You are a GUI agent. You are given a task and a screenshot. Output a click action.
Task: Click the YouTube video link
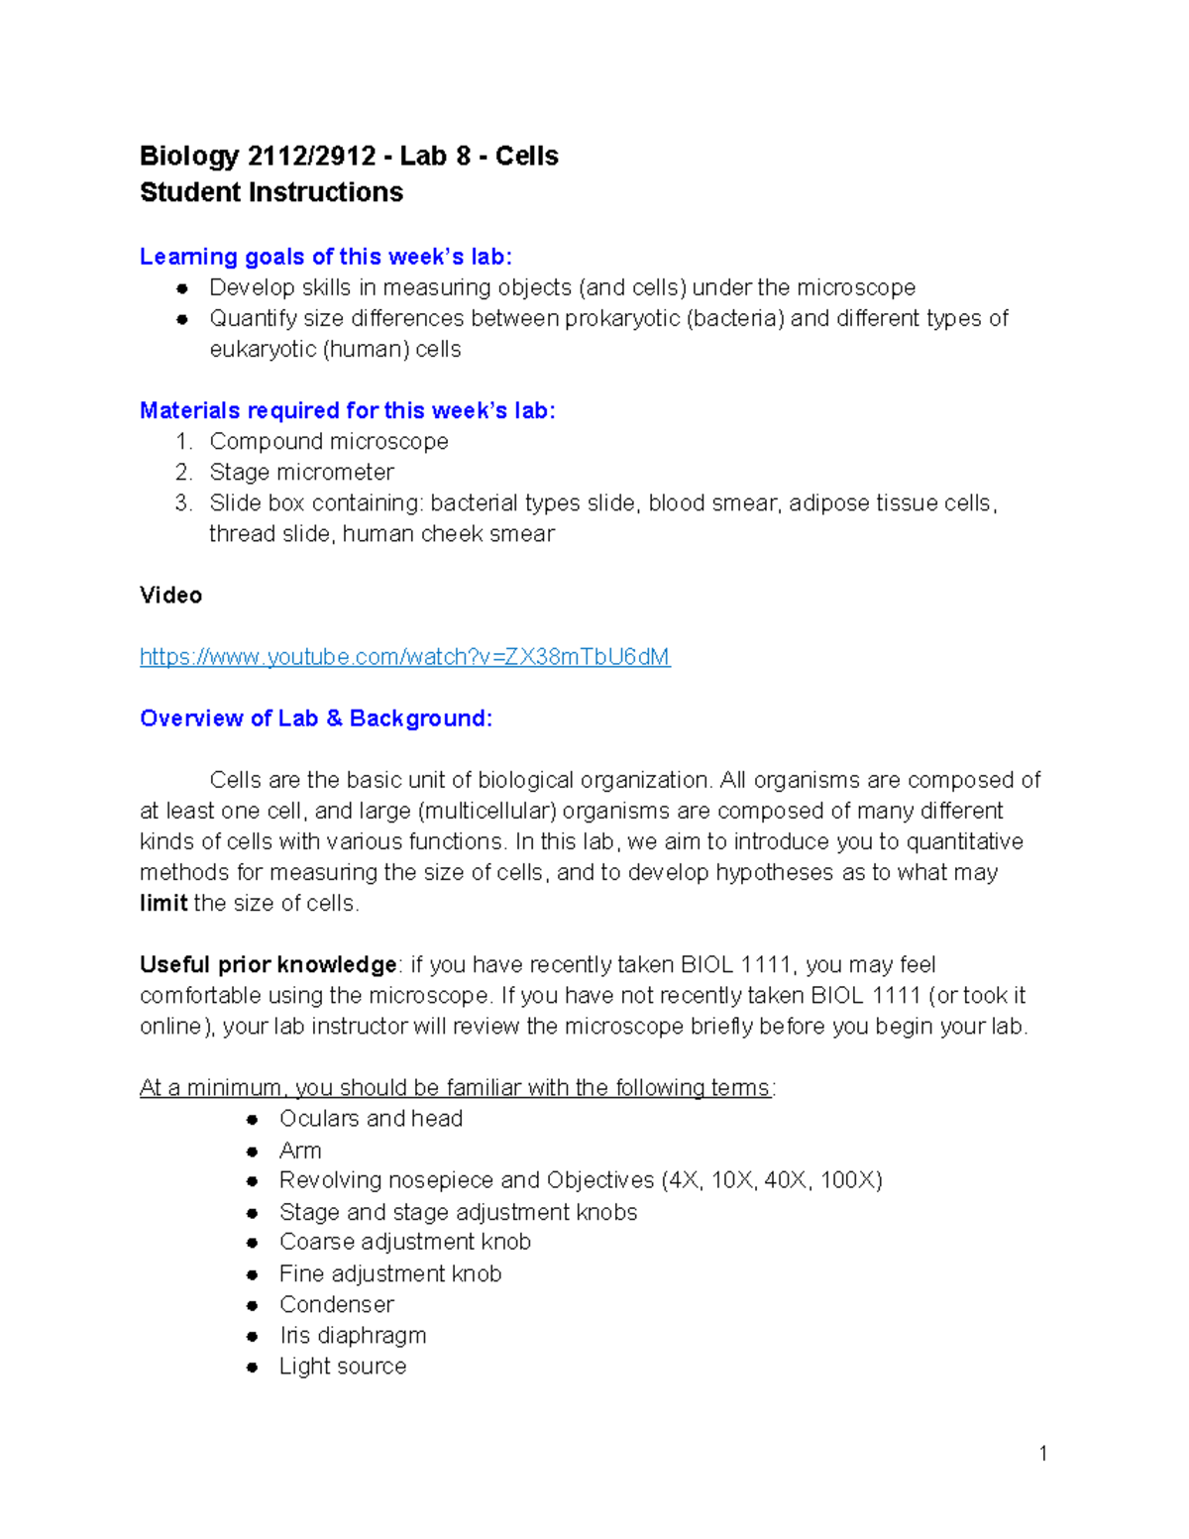[404, 657]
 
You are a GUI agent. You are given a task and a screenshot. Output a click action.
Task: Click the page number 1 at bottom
[1043, 1454]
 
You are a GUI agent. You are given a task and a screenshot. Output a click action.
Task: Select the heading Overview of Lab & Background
[315, 718]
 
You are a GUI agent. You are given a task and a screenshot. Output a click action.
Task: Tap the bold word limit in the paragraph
[163, 903]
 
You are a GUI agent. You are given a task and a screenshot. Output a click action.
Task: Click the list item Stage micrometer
[301, 472]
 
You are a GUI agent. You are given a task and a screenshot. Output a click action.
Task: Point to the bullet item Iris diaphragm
[352, 1335]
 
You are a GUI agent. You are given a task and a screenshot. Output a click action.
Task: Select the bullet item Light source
[342, 1366]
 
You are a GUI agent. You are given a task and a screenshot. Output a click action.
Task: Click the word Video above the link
[170, 596]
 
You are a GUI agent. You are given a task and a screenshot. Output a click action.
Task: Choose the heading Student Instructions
[270, 192]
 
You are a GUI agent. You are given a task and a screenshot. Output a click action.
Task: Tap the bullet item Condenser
[336, 1304]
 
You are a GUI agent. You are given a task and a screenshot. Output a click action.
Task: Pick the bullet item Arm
[299, 1151]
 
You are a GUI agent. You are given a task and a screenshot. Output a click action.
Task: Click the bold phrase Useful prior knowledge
[268, 964]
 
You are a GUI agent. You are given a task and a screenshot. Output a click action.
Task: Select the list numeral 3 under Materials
[182, 502]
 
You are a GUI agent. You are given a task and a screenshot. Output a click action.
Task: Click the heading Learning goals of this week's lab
[325, 257]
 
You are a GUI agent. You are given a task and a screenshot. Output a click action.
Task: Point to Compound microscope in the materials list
[328, 441]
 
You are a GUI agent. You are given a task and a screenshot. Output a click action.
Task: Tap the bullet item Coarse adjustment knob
[404, 1242]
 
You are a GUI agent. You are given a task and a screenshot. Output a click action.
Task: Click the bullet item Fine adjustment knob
[389, 1273]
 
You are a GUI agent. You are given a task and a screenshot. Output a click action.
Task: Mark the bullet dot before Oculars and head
[253, 1119]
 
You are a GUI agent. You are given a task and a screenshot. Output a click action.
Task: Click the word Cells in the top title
[526, 157]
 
